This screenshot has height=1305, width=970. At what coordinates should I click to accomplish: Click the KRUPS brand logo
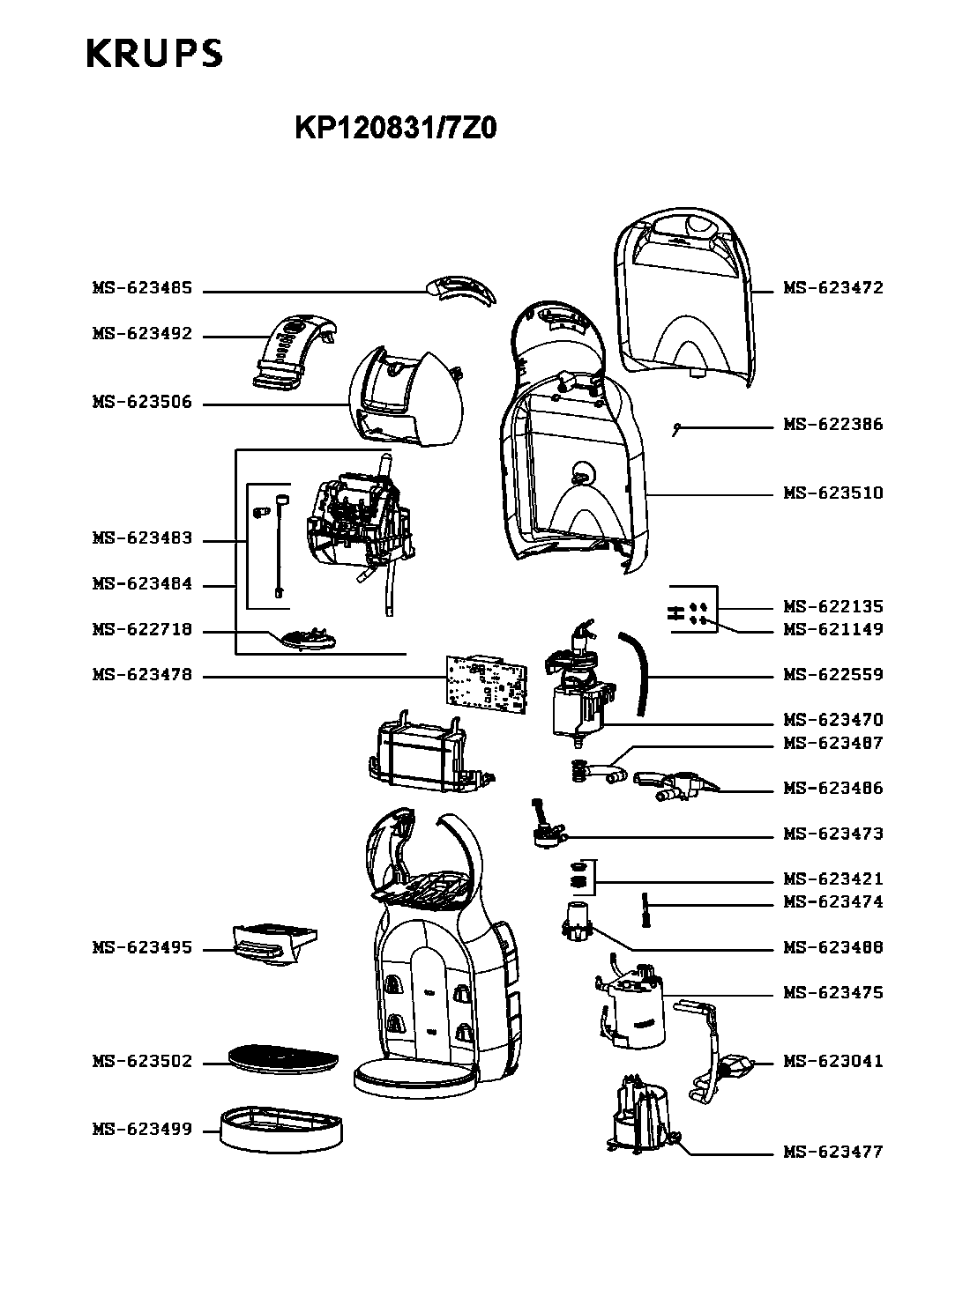pos(154,55)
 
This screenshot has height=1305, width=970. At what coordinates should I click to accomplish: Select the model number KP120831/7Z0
pos(396,130)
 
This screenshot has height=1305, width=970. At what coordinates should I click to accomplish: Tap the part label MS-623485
pos(141,289)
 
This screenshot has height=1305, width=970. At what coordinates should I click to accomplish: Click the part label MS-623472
pos(832,288)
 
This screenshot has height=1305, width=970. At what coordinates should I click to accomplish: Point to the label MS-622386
pos(832,425)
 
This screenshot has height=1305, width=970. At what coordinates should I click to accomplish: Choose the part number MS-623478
pos(141,676)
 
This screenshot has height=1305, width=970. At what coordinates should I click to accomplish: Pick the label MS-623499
pos(141,1130)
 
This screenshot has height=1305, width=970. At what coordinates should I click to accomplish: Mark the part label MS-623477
pos(832,1153)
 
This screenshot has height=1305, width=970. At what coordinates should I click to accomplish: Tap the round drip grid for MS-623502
pos(283,1057)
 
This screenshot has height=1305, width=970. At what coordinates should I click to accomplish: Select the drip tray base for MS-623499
pos(281,1130)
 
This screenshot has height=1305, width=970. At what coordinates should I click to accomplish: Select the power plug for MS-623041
pos(735,1067)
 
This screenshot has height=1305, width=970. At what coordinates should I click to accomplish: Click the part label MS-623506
pos(141,403)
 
